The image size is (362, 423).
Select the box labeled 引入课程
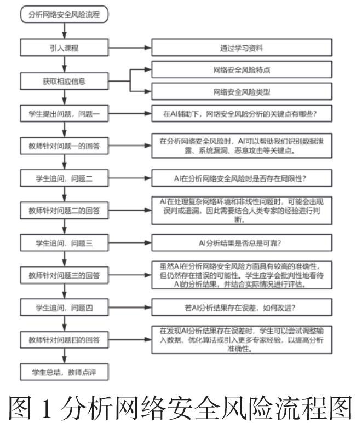coord(65,48)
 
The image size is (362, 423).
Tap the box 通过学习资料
coord(242,48)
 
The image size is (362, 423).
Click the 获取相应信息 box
coord(65,80)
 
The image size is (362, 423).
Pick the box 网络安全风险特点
coord(242,70)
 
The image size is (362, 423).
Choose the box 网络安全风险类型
coord(242,91)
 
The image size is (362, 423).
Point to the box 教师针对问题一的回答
coord(65,146)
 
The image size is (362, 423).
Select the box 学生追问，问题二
coord(65,178)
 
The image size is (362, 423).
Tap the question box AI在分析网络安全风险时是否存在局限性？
coord(242,178)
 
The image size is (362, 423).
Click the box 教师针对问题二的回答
coord(65,210)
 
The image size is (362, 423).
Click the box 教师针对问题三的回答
coord(65,275)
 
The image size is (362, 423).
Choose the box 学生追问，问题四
coord(65,308)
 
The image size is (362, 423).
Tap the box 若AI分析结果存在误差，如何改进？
coord(242,308)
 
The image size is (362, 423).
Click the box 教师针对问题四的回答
coord(65,340)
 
